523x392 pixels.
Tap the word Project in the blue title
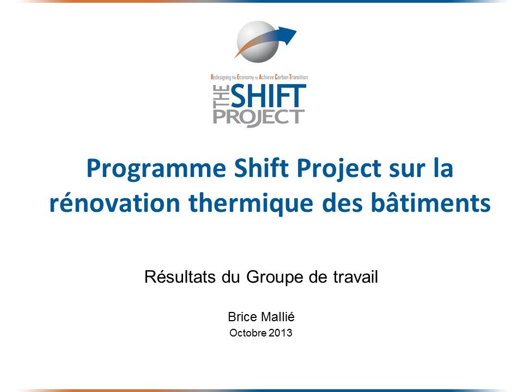pyautogui.click(x=339, y=169)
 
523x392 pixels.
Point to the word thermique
pyautogui.click(x=251, y=203)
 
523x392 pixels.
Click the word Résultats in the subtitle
pyautogui.click(x=180, y=277)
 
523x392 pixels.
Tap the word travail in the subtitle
pyautogui.click(x=356, y=277)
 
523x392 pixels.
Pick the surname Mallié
pyautogui.click(x=277, y=317)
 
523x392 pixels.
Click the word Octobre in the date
pyautogui.click(x=248, y=333)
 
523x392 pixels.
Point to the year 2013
pyautogui.click(x=281, y=333)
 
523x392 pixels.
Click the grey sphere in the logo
pyautogui.click(x=258, y=42)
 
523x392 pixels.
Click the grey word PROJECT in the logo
pyautogui.click(x=258, y=118)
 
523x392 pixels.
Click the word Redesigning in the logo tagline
pyautogui.click(x=221, y=77)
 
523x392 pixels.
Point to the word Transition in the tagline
pyautogui.click(x=299, y=77)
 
